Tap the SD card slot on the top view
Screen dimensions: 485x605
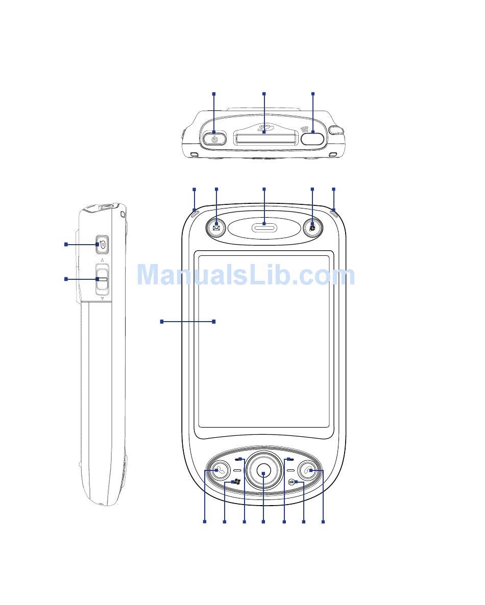pyautogui.click(x=265, y=138)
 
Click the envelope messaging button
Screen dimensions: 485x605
pyautogui.click(x=216, y=228)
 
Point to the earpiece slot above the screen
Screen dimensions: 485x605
pyautogui.click(x=264, y=228)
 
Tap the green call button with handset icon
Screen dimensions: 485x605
pyautogui.click(x=219, y=471)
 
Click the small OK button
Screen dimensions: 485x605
pyautogui.click(x=292, y=482)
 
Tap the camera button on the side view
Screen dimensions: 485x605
pyautogui.click(x=102, y=245)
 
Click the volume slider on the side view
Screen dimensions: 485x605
pyautogui.click(x=102, y=279)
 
